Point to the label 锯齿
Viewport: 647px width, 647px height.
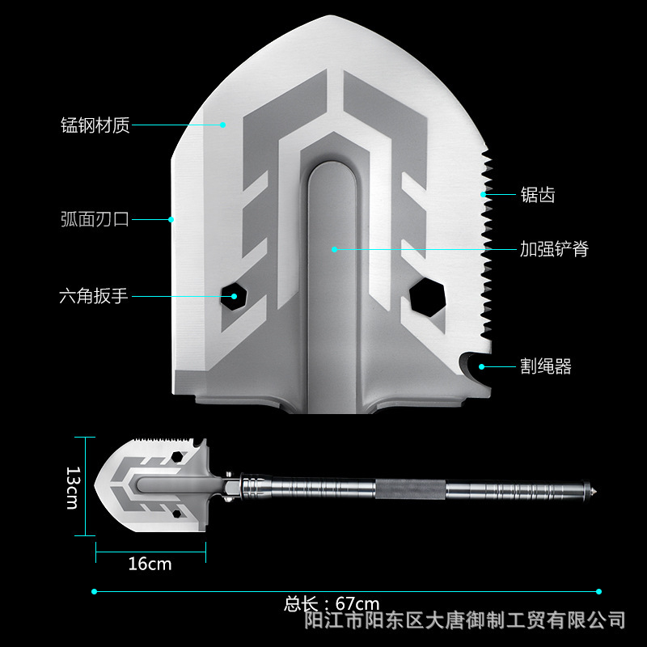(537, 195)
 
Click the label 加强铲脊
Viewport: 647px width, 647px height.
(553, 249)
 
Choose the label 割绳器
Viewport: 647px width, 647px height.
(545, 366)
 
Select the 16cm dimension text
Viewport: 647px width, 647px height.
(150, 564)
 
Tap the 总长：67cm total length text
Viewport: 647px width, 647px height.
(332, 603)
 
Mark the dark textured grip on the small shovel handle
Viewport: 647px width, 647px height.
(410, 489)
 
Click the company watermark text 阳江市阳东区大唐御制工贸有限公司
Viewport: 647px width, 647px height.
(464, 620)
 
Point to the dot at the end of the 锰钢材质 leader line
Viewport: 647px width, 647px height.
(223, 125)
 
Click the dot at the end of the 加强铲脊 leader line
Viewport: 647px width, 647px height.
(333, 249)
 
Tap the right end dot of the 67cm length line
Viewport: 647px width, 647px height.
(598, 591)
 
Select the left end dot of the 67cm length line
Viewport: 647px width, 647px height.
(95, 591)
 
